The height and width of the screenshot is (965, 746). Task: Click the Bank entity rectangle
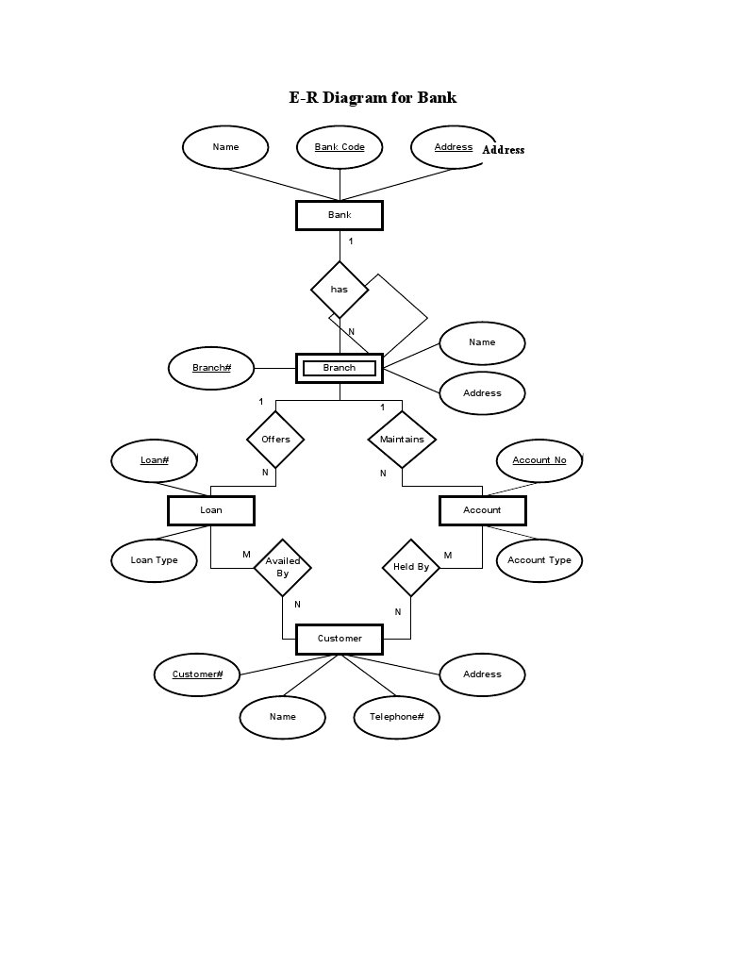pos(340,215)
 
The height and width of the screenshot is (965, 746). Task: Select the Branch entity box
pos(340,368)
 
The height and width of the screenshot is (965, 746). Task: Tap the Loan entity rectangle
pos(211,510)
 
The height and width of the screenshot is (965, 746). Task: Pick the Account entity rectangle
pos(482,510)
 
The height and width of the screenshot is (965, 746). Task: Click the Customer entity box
pos(340,639)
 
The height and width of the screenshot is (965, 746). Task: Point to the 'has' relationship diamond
pos(340,289)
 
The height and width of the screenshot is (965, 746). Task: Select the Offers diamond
pos(275,439)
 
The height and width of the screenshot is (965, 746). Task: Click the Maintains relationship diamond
pos(402,439)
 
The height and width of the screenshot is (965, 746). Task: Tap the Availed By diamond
pos(282,567)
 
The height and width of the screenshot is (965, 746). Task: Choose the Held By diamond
pos(410,567)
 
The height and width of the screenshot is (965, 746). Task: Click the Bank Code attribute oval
pos(340,147)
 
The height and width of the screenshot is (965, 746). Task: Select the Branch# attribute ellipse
pos(211,368)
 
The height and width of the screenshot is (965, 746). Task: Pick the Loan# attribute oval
pos(155,460)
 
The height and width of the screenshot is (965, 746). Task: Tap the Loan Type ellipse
pos(154,560)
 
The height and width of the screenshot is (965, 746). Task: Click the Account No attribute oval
pos(539,460)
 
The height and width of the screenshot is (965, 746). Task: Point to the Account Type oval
pos(539,560)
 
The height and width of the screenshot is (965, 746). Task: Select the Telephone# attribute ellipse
pos(397,717)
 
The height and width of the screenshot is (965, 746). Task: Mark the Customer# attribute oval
pos(197,674)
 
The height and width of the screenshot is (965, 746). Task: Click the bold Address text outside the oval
pos(504,150)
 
